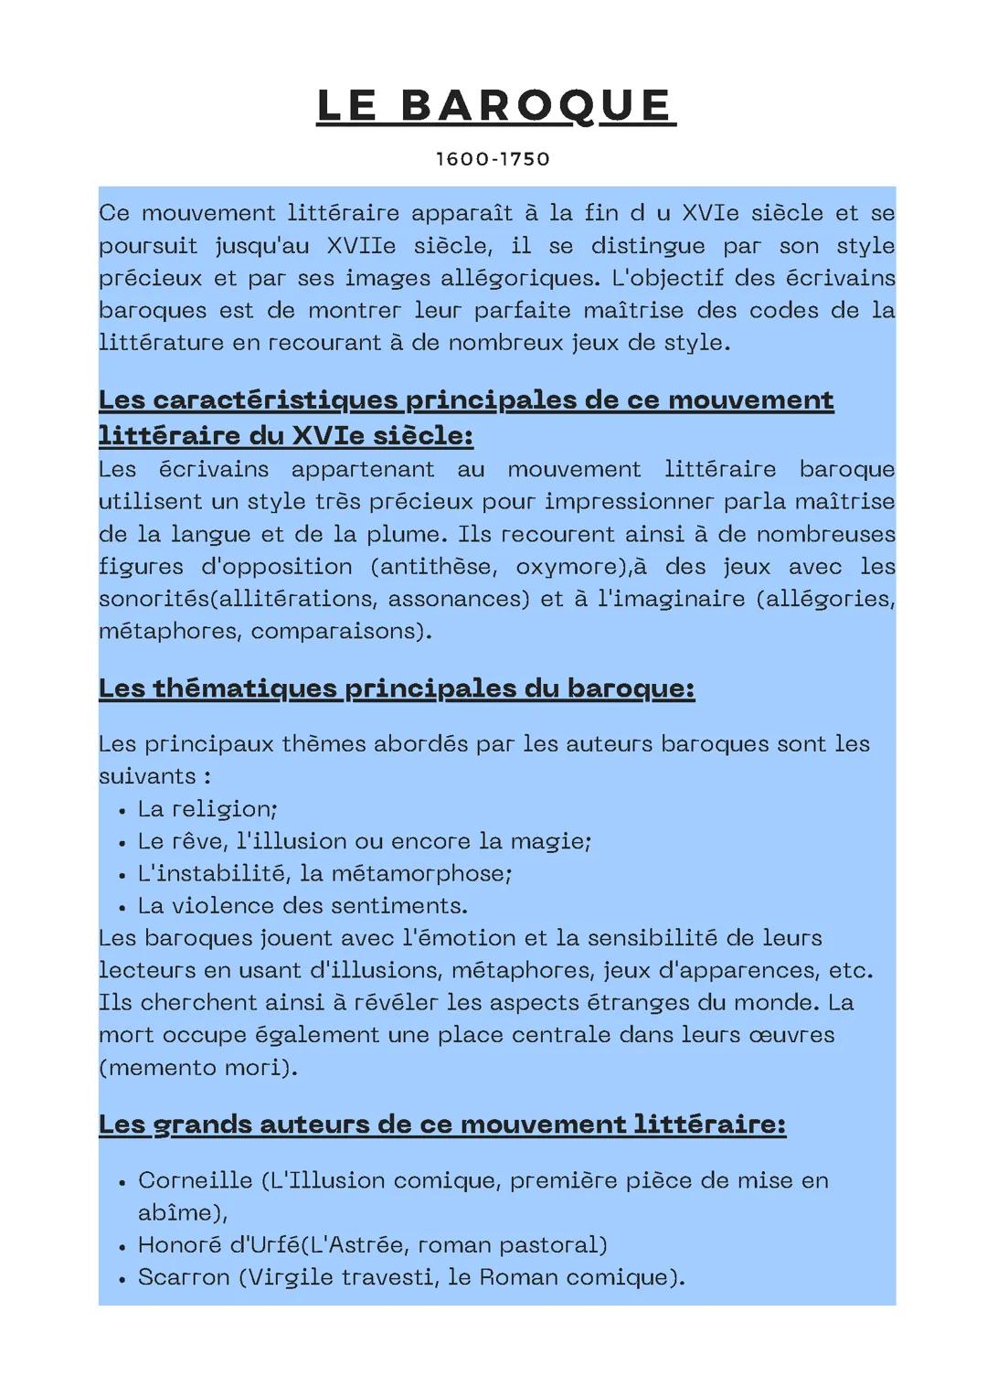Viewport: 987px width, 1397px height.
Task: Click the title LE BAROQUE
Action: click(495, 105)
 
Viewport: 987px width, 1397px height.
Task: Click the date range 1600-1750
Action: click(493, 159)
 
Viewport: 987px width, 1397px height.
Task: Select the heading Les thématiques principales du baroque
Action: click(397, 688)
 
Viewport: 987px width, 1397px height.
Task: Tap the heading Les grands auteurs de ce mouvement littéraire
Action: click(441, 1124)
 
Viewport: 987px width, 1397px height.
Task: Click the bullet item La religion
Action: click(207, 809)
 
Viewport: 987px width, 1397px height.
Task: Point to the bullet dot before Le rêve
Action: click(122, 842)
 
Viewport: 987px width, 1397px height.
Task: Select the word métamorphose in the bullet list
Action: click(419, 874)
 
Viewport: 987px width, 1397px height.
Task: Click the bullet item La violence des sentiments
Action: click(302, 906)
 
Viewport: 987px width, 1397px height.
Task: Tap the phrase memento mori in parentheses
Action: click(197, 1068)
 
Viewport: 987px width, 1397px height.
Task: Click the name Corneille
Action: click(195, 1180)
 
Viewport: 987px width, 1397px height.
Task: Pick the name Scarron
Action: click(183, 1277)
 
